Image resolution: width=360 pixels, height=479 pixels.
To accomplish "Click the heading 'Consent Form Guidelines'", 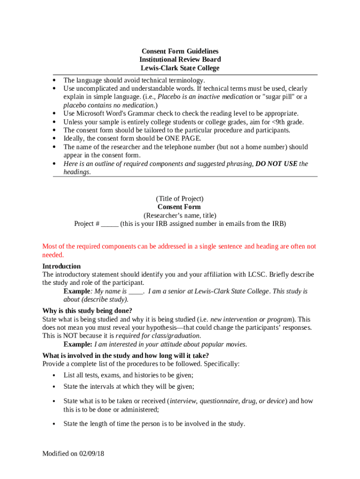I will [180, 51].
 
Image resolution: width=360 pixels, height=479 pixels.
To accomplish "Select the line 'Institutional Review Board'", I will [180, 59].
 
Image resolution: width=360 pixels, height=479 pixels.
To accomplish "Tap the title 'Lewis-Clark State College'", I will [180, 68].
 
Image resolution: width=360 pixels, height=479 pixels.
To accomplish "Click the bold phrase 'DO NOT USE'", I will [276, 164].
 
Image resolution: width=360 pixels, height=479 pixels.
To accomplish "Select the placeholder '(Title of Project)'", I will [180, 198].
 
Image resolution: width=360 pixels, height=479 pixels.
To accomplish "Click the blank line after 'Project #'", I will [109, 224].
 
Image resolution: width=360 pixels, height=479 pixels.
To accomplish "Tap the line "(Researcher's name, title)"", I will [180, 215].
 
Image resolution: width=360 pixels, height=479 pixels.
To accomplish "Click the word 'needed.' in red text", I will [53, 255].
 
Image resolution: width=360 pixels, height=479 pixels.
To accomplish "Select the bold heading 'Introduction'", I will [61, 266].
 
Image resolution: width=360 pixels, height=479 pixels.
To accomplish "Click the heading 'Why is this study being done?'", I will [87, 311].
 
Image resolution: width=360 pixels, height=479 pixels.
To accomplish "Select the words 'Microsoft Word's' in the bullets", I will [100, 113].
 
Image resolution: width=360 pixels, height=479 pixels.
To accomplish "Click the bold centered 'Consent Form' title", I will [180, 207].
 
